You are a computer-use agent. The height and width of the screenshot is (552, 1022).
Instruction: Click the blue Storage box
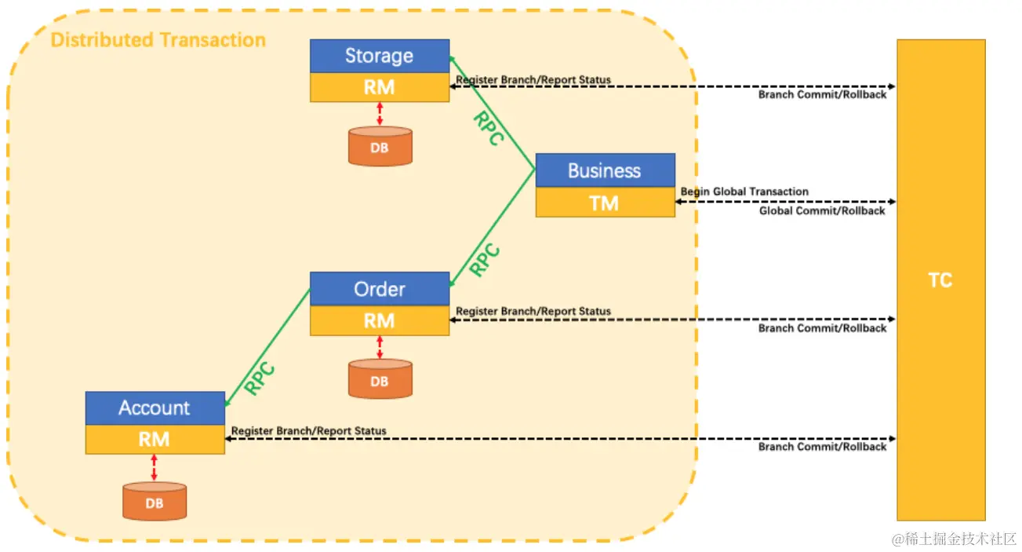click(x=380, y=56)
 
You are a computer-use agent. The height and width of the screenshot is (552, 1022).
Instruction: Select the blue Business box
click(x=605, y=170)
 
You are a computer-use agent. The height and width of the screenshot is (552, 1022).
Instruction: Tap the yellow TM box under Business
click(x=605, y=203)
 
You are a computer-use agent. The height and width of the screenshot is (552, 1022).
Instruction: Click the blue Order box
click(x=380, y=289)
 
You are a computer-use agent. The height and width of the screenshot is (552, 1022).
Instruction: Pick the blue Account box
click(x=155, y=408)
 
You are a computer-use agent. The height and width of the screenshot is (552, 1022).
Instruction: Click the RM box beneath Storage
click(x=380, y=87)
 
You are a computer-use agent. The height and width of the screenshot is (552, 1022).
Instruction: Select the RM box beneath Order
click(x=380, y=320)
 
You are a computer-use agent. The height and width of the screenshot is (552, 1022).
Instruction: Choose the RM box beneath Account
click(x=155, y=440)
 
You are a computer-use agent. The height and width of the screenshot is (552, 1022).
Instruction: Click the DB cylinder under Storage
click(x=380, y=146)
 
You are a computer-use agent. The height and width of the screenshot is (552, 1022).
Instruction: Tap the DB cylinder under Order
click(x=380, y=380)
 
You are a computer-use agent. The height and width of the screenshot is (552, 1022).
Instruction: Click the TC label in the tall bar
click(x=940, y=280)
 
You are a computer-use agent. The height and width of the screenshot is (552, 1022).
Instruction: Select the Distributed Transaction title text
click(x=158, y=40)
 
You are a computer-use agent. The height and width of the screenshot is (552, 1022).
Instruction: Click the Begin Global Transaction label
click(x=744, y=192)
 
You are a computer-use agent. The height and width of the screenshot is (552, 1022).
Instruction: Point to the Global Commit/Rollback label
click(x=822, y=211)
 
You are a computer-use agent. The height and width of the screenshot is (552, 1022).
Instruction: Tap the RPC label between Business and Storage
click(x=488, y=129)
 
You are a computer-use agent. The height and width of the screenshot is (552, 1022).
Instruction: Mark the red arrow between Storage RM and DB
click(x=380, y=114)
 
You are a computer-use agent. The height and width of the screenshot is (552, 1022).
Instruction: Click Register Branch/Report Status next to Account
click(x=309, y=431)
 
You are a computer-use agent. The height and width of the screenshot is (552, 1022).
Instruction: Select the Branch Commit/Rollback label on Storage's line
click(x=822, y=95)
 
